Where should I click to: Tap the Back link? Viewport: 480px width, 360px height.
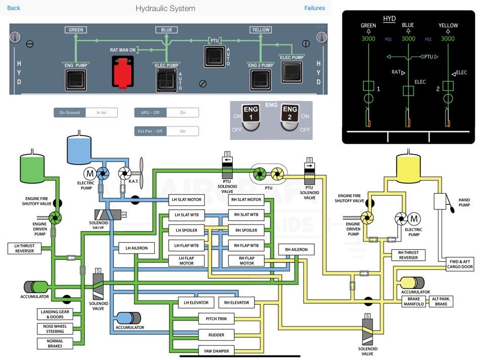[14, 8]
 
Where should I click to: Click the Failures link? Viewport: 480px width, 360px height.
[314, 8]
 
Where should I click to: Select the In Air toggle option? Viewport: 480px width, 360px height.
[102, 113]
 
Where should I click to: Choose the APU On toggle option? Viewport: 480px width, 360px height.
[182, 113]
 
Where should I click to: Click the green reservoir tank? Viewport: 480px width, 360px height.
[32, 169]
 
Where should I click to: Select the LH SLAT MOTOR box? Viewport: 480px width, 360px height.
[186, 200]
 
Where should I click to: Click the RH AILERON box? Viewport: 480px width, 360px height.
[296, 250]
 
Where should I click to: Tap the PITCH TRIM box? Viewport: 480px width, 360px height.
[216, 319]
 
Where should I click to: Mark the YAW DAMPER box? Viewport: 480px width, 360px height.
[216, 351]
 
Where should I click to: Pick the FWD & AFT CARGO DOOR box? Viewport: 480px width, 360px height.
[460, 264]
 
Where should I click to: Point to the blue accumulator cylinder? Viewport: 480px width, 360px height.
[128, 318]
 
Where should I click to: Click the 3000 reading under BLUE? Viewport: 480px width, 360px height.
[408, 39]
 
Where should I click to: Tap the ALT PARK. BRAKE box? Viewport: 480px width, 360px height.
[441, 301]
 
